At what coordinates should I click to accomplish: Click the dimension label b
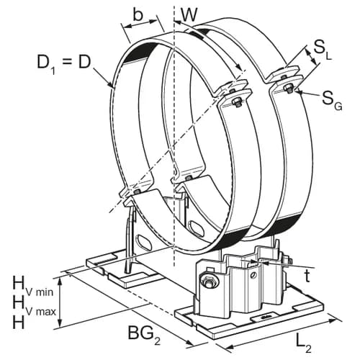coord(138,15)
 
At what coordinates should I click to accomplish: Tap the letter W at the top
coord(189,15)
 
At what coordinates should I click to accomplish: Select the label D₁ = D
coord(64,63)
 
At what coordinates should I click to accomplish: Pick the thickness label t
coord(307,276)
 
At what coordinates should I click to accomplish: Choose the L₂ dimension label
coord(304,346)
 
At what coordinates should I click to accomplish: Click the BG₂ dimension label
coord(144,334)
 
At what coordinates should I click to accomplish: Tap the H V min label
coord(33,287)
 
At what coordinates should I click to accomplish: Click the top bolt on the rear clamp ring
coord(288,89)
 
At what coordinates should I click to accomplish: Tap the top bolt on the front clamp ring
coord(235,103)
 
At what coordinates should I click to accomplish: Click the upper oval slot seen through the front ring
coord(197,225)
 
